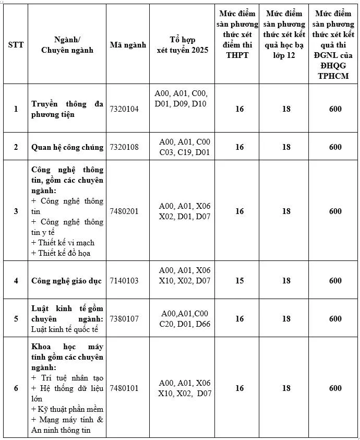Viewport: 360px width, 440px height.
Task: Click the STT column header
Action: (16, 45)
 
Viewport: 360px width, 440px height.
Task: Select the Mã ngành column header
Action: (128, 45)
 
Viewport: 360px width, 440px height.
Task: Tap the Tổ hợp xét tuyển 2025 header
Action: (182, 45)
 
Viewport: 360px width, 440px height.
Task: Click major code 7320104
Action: (124, 109)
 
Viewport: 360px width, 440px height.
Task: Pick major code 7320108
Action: (124, 147)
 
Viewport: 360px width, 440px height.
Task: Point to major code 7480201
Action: (124, 211)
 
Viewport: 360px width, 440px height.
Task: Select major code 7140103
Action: (124, 281)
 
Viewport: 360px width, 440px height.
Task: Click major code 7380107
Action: (124, 318)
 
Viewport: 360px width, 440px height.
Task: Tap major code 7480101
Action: (124, 388)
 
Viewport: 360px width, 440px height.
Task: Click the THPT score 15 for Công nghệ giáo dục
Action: (239, 281)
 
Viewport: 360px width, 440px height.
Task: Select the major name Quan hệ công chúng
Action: (67, 147)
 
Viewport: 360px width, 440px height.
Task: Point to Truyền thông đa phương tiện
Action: (67, 109)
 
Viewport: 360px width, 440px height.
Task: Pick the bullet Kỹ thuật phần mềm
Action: (67, 409)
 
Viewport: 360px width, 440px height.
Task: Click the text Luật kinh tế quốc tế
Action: (66, 329)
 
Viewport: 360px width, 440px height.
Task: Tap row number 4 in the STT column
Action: (16, 281)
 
